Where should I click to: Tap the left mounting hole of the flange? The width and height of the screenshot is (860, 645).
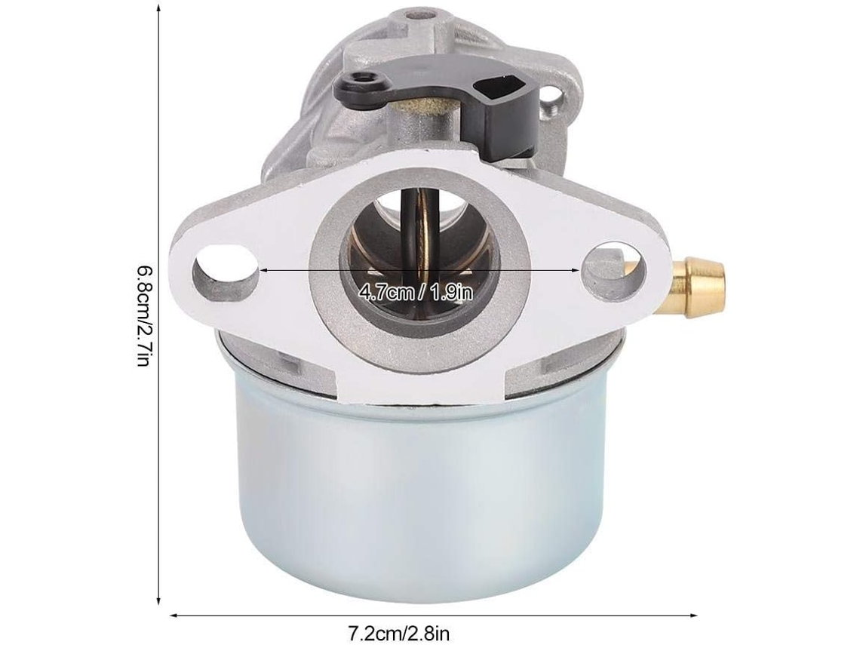[226, 270]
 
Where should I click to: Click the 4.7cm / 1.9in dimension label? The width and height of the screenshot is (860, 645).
[416, 293]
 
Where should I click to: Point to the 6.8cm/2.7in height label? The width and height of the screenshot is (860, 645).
[143, 316]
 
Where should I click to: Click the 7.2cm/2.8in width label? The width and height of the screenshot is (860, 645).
[399, 634]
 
